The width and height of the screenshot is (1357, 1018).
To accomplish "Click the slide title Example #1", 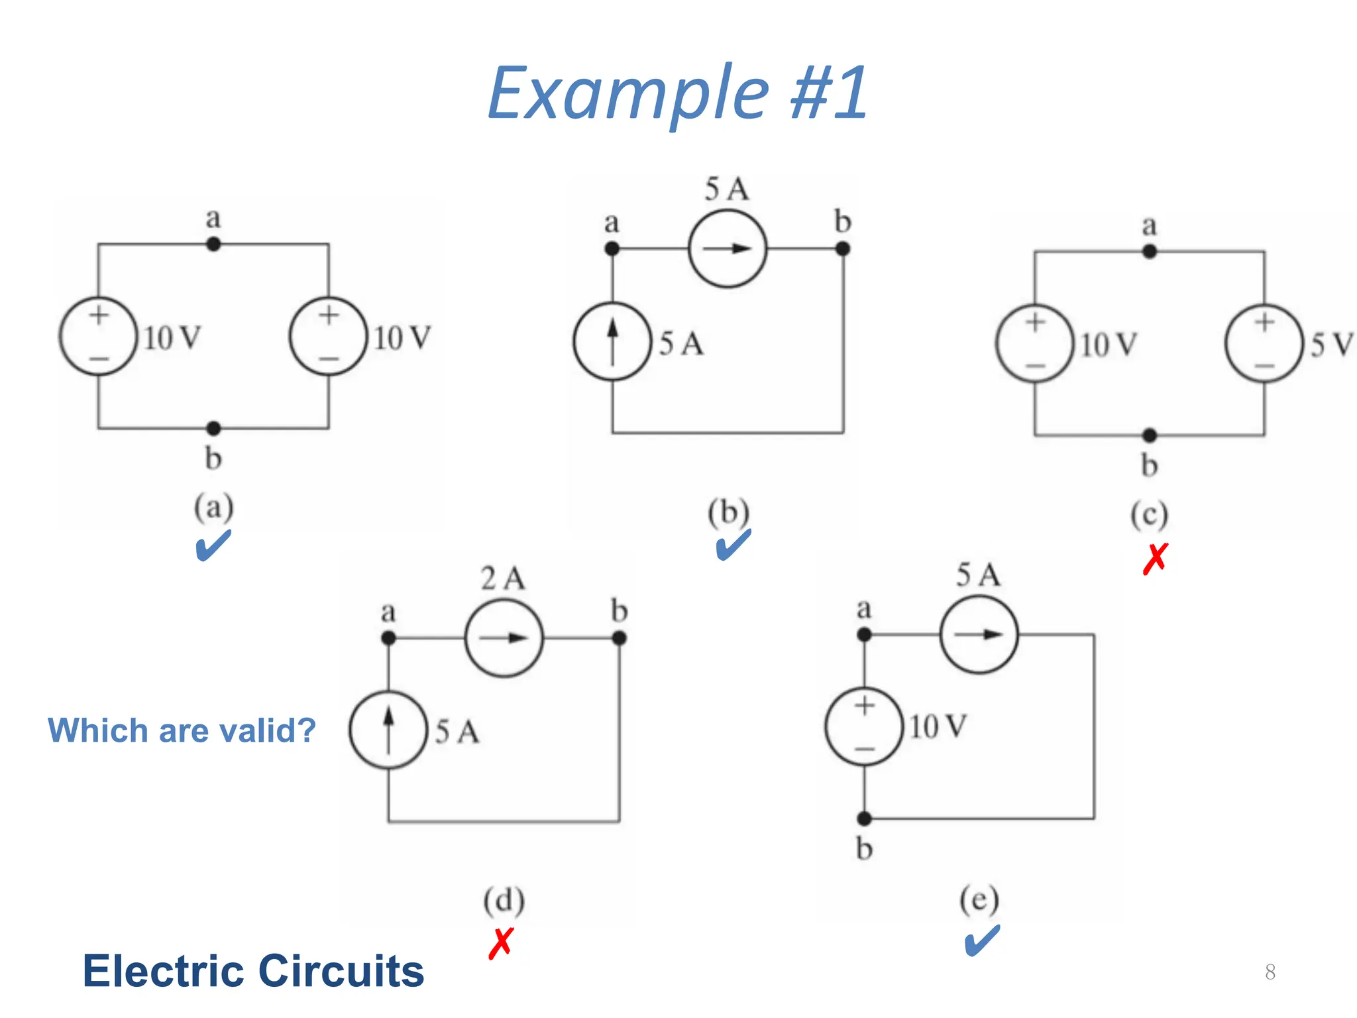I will click(x=677, y=94).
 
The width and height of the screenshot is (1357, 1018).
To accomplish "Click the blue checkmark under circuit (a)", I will click(x=213, y=546).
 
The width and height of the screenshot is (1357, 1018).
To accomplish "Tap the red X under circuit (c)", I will click(x=1155, y=559).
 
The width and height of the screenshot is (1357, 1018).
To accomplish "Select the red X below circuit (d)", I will click(x=501, y=943).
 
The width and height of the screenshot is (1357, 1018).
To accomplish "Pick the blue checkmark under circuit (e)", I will click(x=981, y=941).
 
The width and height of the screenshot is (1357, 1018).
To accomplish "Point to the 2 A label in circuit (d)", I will click(x=503, y=579).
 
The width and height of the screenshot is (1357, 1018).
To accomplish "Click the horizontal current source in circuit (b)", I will click(x=728, y=249).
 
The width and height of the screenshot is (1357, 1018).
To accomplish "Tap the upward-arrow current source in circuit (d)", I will click(x=388, y=730).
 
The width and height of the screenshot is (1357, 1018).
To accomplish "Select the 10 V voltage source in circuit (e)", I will click(x=864, y=726).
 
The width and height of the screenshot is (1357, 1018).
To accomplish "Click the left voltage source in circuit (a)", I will click(x=99, y=337).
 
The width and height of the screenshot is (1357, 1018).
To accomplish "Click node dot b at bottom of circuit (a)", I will click(x=213, y=428).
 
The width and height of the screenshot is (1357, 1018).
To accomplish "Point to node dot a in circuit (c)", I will click(x=1150, y=252).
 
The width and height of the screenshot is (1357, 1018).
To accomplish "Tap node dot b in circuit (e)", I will click(x=864, y=819).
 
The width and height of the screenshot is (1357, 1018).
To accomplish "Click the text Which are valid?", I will click(x=182, y=730).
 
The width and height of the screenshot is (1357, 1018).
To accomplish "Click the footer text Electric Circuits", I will click(x=253, y=971).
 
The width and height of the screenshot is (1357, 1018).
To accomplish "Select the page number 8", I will click(x=1270, y=972).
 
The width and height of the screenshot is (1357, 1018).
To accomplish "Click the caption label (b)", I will click(x=728, y=512).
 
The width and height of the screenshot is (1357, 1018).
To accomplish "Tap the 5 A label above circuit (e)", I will click(x=978, y=575).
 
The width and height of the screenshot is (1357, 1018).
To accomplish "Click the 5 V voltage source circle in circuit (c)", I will click(x=1264, y=343).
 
